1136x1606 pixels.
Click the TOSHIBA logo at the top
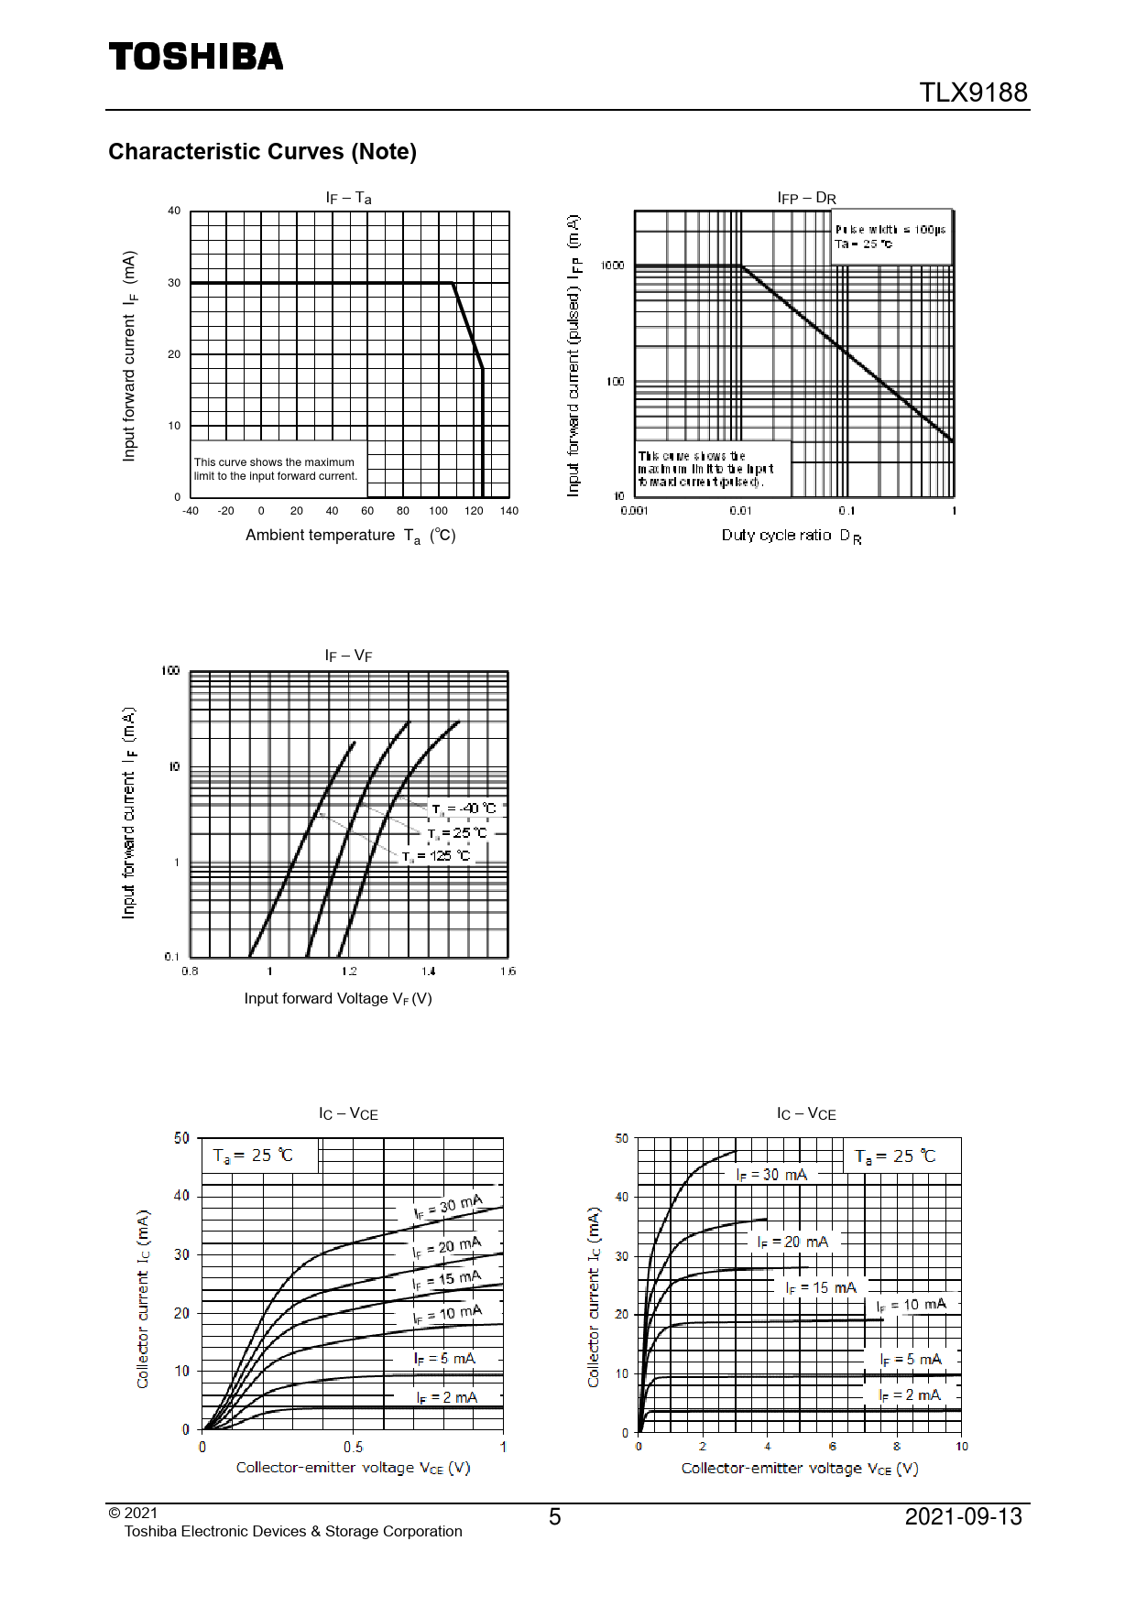coord(196,57)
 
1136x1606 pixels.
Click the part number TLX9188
coord(973,92)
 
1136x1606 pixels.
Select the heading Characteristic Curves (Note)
coord(262,151)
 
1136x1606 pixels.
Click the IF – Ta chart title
coord(349,198)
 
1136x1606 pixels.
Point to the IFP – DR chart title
coord(806,198)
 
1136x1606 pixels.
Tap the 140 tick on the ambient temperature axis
coord(509,511)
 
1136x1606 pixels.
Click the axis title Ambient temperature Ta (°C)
coord(350,536)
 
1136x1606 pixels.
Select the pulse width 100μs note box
coord(890,236)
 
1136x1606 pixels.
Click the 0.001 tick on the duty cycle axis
coord(634,511)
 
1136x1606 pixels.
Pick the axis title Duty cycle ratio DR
coord(791,536)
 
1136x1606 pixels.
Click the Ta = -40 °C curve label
coord(464,808)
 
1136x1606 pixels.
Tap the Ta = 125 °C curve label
coord(437,856)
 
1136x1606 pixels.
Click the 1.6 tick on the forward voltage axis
coord(508,971)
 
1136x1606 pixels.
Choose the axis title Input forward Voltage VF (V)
coord(338,998)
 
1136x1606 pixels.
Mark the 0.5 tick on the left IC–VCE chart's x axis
coord(353,1448)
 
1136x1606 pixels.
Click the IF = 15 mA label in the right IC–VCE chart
coord(821,1287)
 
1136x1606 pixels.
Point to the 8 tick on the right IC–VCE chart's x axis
coord(897,1447)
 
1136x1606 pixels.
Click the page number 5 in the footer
coord(554,1517)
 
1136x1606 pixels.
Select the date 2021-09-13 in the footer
coord(963,1517)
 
